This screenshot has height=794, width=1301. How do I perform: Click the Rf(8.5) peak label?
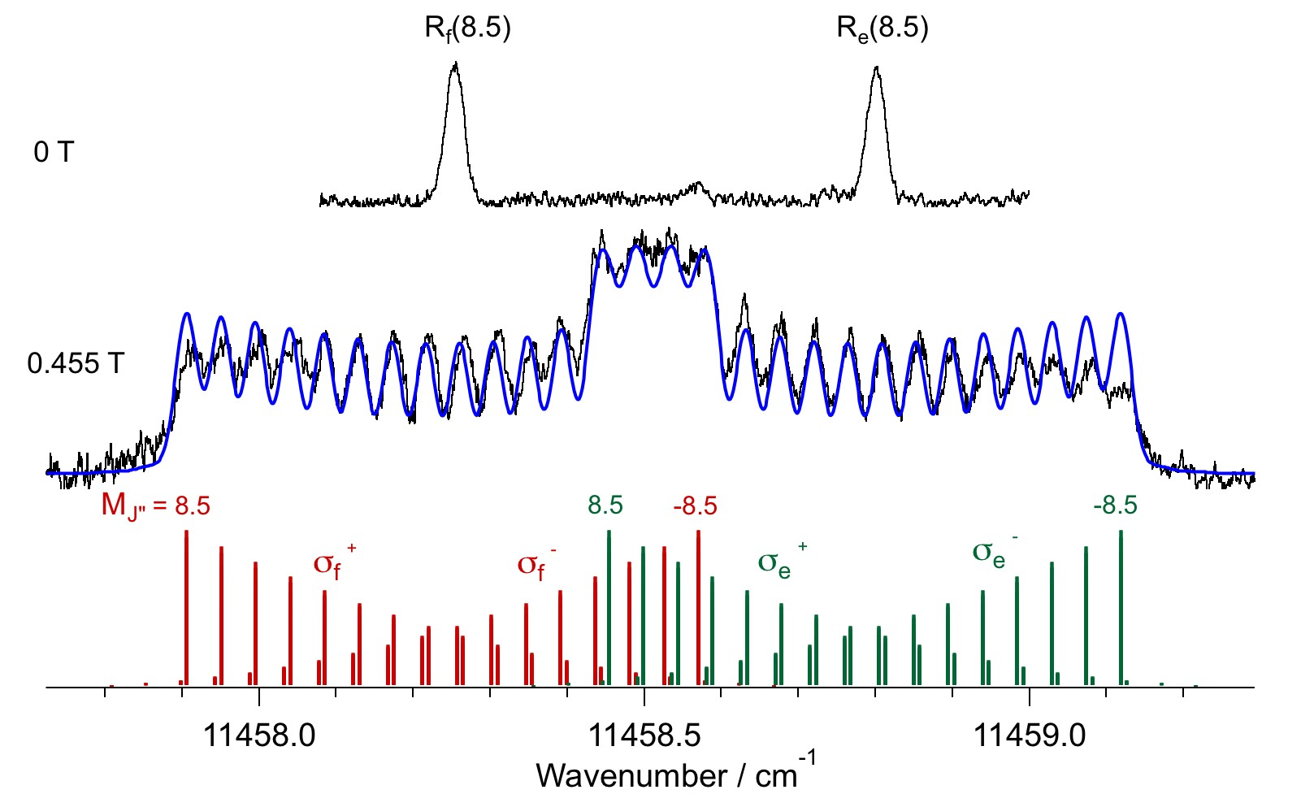click(467, 29)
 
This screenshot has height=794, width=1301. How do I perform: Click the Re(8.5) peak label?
click(883, 29)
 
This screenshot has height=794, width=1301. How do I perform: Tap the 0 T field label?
click(54, 152)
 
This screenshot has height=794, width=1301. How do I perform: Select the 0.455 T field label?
click(76, 362)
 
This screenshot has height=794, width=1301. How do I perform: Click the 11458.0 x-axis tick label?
click(258, 735)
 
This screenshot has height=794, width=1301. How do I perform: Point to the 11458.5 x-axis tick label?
click(644, 735)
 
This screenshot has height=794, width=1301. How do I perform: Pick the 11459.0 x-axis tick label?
click(1029, 735)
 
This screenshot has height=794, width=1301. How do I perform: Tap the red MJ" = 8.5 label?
click(155, 506)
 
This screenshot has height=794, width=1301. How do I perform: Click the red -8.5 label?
click(695, 506)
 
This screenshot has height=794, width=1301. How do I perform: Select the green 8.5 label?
click(605, 505)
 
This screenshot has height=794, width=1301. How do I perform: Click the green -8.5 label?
click(1115, 505)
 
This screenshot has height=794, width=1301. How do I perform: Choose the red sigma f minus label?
click(536, 563)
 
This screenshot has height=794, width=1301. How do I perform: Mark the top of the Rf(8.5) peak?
click(456, 64)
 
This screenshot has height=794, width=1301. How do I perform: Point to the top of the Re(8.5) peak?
click(876, 68)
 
